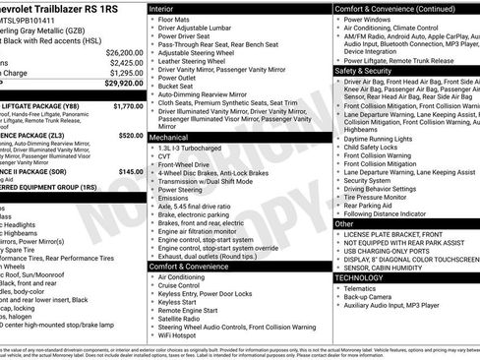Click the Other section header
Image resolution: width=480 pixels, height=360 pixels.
(x=344, y=224)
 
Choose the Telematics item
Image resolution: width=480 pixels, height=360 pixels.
(x=365, y=288)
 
